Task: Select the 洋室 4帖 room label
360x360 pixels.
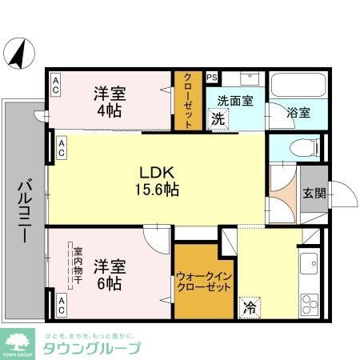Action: click(110, 102)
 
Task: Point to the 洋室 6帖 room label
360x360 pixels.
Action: click(110, 273)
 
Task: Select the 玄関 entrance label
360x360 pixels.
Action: click(314, 193)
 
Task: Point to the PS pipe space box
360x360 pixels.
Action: click(212, 78)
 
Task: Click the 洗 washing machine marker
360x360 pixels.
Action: click(218, 119)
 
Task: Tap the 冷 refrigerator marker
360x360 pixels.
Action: click(250, 306)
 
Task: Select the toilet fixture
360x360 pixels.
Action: click(300, 147)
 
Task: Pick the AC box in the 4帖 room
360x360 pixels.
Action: click(56, 86)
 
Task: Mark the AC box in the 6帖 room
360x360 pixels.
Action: click(61, 304)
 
